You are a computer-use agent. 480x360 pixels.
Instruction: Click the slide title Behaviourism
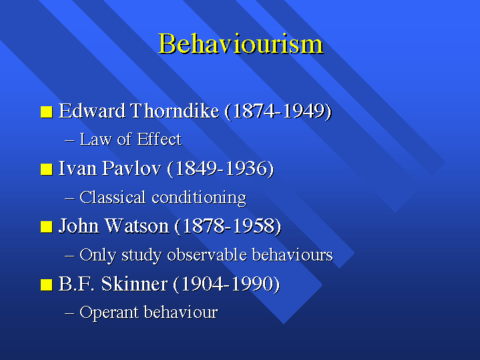(240, 43)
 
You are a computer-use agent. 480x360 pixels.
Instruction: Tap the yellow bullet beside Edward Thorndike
(47, 112)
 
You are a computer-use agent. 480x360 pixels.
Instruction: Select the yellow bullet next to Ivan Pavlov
(47, 170)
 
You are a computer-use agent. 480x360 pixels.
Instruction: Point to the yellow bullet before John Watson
(47, 227)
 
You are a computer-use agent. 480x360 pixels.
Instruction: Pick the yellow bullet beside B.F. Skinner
(47, 285)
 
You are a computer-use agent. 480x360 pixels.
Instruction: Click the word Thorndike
(175, 111)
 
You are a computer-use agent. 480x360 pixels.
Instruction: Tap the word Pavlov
(132, 168)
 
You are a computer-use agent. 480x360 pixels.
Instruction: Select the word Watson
(137, 226)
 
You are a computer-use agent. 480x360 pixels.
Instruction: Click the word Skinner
(134, 284)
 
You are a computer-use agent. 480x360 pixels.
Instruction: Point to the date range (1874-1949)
(278, 111)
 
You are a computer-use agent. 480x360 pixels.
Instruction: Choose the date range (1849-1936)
(220, 169)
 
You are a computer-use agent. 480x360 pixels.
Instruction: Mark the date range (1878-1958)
(228, 226)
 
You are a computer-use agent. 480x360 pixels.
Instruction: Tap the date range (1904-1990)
(226, 284)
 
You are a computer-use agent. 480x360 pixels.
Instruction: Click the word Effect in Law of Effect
(159, 139)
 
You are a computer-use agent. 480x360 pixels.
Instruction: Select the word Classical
(112, 197)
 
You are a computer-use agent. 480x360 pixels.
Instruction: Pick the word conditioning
(199, 198)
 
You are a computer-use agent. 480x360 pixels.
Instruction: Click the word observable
(207, 254)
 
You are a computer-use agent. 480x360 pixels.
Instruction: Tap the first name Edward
(92, 111)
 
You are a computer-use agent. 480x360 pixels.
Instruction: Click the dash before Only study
(69, 256)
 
